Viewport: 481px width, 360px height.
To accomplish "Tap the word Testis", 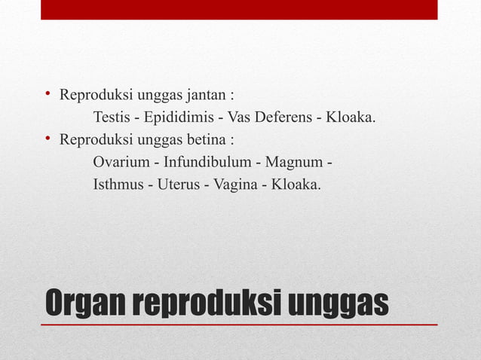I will tap(112, 118).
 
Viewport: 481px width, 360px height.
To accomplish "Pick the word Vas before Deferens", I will tap(239, 118).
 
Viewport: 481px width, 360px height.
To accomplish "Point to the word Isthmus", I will tap(118, 184).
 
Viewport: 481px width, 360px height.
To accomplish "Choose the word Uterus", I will tap(178, 184).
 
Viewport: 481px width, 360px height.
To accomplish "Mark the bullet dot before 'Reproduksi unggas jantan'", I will tap(46, 96).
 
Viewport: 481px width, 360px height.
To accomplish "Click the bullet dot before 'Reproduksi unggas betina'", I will tap(46, 139).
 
